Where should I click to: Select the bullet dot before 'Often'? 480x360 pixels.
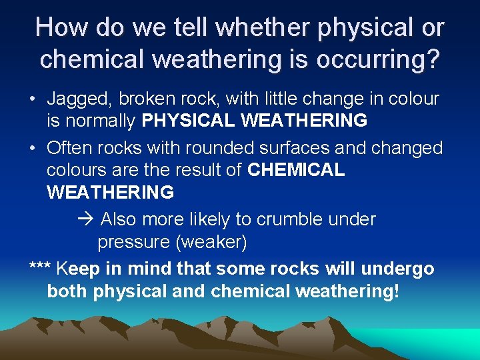[x=33, y=148]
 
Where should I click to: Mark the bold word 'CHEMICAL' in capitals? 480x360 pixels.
[x=296, y=170]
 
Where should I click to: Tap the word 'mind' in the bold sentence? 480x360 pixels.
[x=153, y=269]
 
